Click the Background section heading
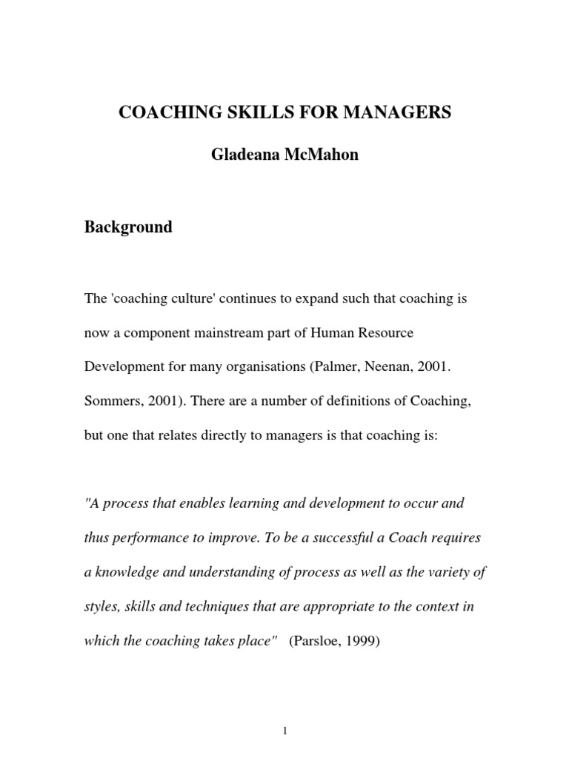(x=128, y=227)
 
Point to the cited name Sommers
(x=112, y=400)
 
